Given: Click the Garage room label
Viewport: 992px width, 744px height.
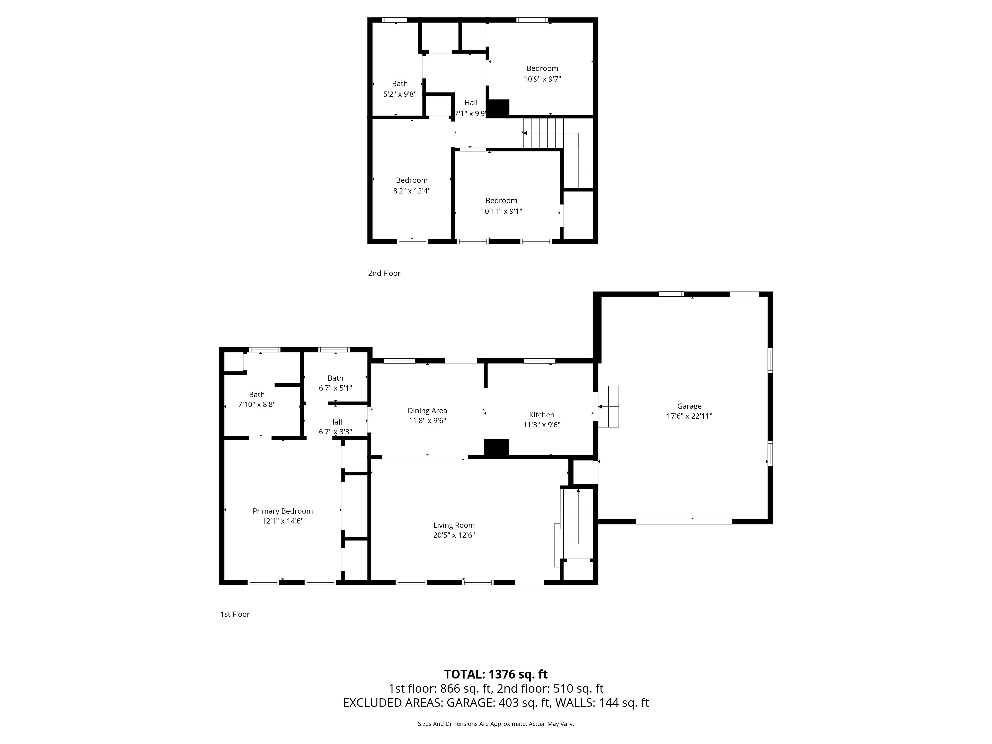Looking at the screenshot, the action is [689, 406].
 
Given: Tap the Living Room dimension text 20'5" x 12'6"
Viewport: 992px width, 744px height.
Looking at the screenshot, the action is [454, 535].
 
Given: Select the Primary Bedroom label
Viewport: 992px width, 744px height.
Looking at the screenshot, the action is [282, 511].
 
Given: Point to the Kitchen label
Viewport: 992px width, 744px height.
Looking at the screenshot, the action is [542, 415].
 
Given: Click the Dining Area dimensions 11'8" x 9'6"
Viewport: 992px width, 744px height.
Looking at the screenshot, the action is [427, 421].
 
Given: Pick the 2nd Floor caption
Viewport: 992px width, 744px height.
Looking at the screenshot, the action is [384, 273].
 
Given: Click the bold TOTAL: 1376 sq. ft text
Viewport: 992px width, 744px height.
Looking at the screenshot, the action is [496, 675].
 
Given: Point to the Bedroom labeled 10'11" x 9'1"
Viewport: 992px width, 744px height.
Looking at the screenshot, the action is [501, 206].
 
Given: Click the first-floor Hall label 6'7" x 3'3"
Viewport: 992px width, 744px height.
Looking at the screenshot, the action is [336, 427].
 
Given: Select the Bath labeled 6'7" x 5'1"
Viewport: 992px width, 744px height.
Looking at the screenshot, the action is [336, 383].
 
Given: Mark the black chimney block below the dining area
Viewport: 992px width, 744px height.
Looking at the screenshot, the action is [496, 448].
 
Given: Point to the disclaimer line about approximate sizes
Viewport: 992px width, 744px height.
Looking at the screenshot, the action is [496, 724].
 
